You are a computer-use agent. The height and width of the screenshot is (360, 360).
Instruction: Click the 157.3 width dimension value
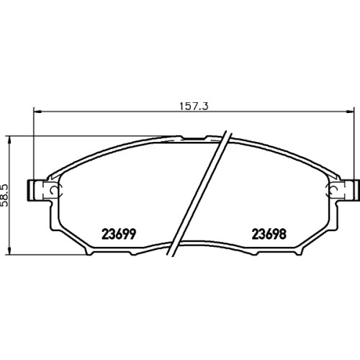[194, 107]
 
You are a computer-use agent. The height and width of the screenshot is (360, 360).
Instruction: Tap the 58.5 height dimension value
[4, 196]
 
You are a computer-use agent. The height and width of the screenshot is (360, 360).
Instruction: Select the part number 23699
[119, 234]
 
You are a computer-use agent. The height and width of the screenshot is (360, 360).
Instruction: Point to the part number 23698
[269, 234]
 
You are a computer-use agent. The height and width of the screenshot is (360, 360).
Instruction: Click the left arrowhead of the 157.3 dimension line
[37, 111]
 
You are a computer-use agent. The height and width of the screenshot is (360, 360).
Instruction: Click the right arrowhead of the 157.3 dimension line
[350, 111]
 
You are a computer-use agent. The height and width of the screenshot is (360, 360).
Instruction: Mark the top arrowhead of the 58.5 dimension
[9, 140]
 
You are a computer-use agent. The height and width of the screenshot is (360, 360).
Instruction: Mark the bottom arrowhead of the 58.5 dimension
[9, 251]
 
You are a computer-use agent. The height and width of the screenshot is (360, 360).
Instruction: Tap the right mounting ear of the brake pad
[348, 190]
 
